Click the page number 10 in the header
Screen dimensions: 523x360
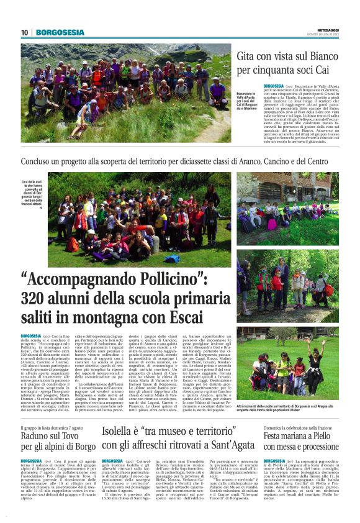24,33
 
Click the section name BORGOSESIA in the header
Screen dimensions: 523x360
60,32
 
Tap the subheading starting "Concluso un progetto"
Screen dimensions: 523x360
179,162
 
